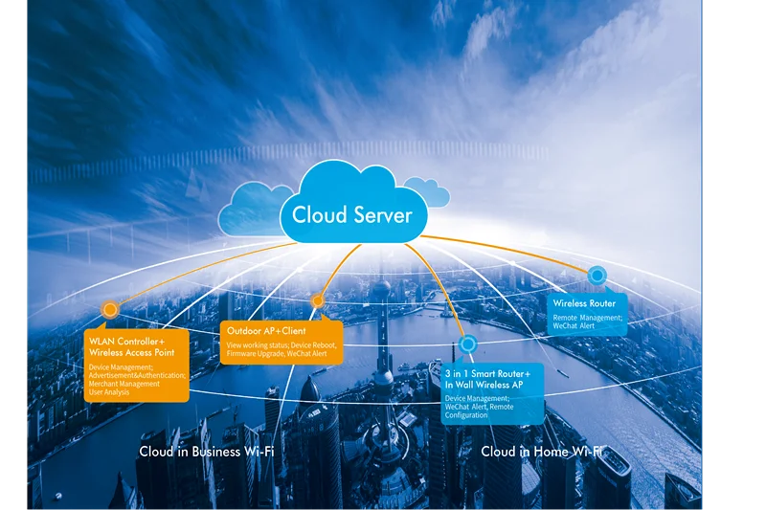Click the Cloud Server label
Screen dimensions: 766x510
[x=351, y=215]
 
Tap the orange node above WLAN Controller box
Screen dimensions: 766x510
[x=110, y=309]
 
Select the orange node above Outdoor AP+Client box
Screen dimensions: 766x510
[x=318, y=301]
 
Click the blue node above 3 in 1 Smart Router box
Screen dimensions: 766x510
[x=468, y=344]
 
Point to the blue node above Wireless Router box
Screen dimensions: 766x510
[x=597, y=276]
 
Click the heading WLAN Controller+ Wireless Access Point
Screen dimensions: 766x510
[x=131, y=347]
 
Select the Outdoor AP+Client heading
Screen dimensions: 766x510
[x=266, y=331]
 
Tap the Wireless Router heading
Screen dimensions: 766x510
[x=584, y=303]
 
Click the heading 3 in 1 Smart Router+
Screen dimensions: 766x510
[x=487, y=374]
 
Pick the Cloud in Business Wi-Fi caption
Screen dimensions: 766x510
[x=207, y=452]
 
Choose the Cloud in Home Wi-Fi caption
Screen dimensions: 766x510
[x=542, y=452]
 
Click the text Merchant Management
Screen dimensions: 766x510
[x=124, y=384]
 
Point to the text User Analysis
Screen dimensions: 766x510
[x=109, y=392]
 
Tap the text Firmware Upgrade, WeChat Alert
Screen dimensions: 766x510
[x=277, y=354]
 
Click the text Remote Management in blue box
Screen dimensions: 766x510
[x=588, y=318]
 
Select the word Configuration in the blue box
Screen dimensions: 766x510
[x=466, y=415]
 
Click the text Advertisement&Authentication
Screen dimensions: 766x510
[x=137, y=376]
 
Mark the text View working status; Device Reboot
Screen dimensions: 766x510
[x=282, y=345]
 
